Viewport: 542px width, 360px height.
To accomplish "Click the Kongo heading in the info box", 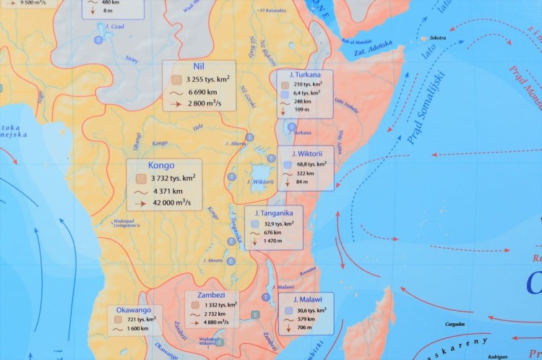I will click(x=162, y=166).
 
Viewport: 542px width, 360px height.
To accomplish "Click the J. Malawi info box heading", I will click(x=307, y=299).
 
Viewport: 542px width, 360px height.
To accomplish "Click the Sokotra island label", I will click(x=438, y=38).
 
